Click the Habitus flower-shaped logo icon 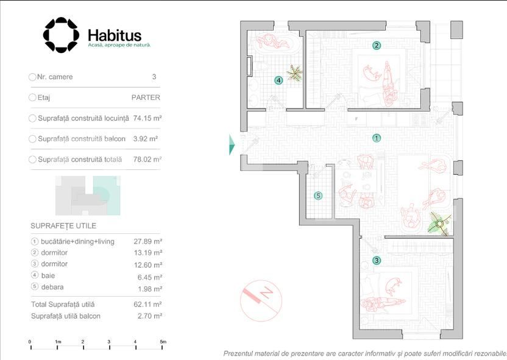click(61, 35)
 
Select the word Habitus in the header click(115, 35)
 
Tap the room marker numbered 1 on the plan click(377, 138)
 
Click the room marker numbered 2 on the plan click(377, 46)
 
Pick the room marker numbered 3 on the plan click(377, 261)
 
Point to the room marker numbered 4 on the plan click(278, 80)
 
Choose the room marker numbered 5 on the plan click(319, 196)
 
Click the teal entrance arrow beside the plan click(232, 144)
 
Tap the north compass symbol click(261, 300)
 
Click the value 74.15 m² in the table click(147, 118)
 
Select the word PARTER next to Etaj click(146, 97)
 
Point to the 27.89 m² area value click(147, 241)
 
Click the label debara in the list click(52, 287)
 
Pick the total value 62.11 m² click(147, 304)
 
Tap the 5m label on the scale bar click(163, 342)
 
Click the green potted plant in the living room click(439, 224)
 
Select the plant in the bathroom click(294, 72)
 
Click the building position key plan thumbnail click(88, 196)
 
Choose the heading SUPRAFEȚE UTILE click(63, 226)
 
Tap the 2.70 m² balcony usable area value click(149, 316)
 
